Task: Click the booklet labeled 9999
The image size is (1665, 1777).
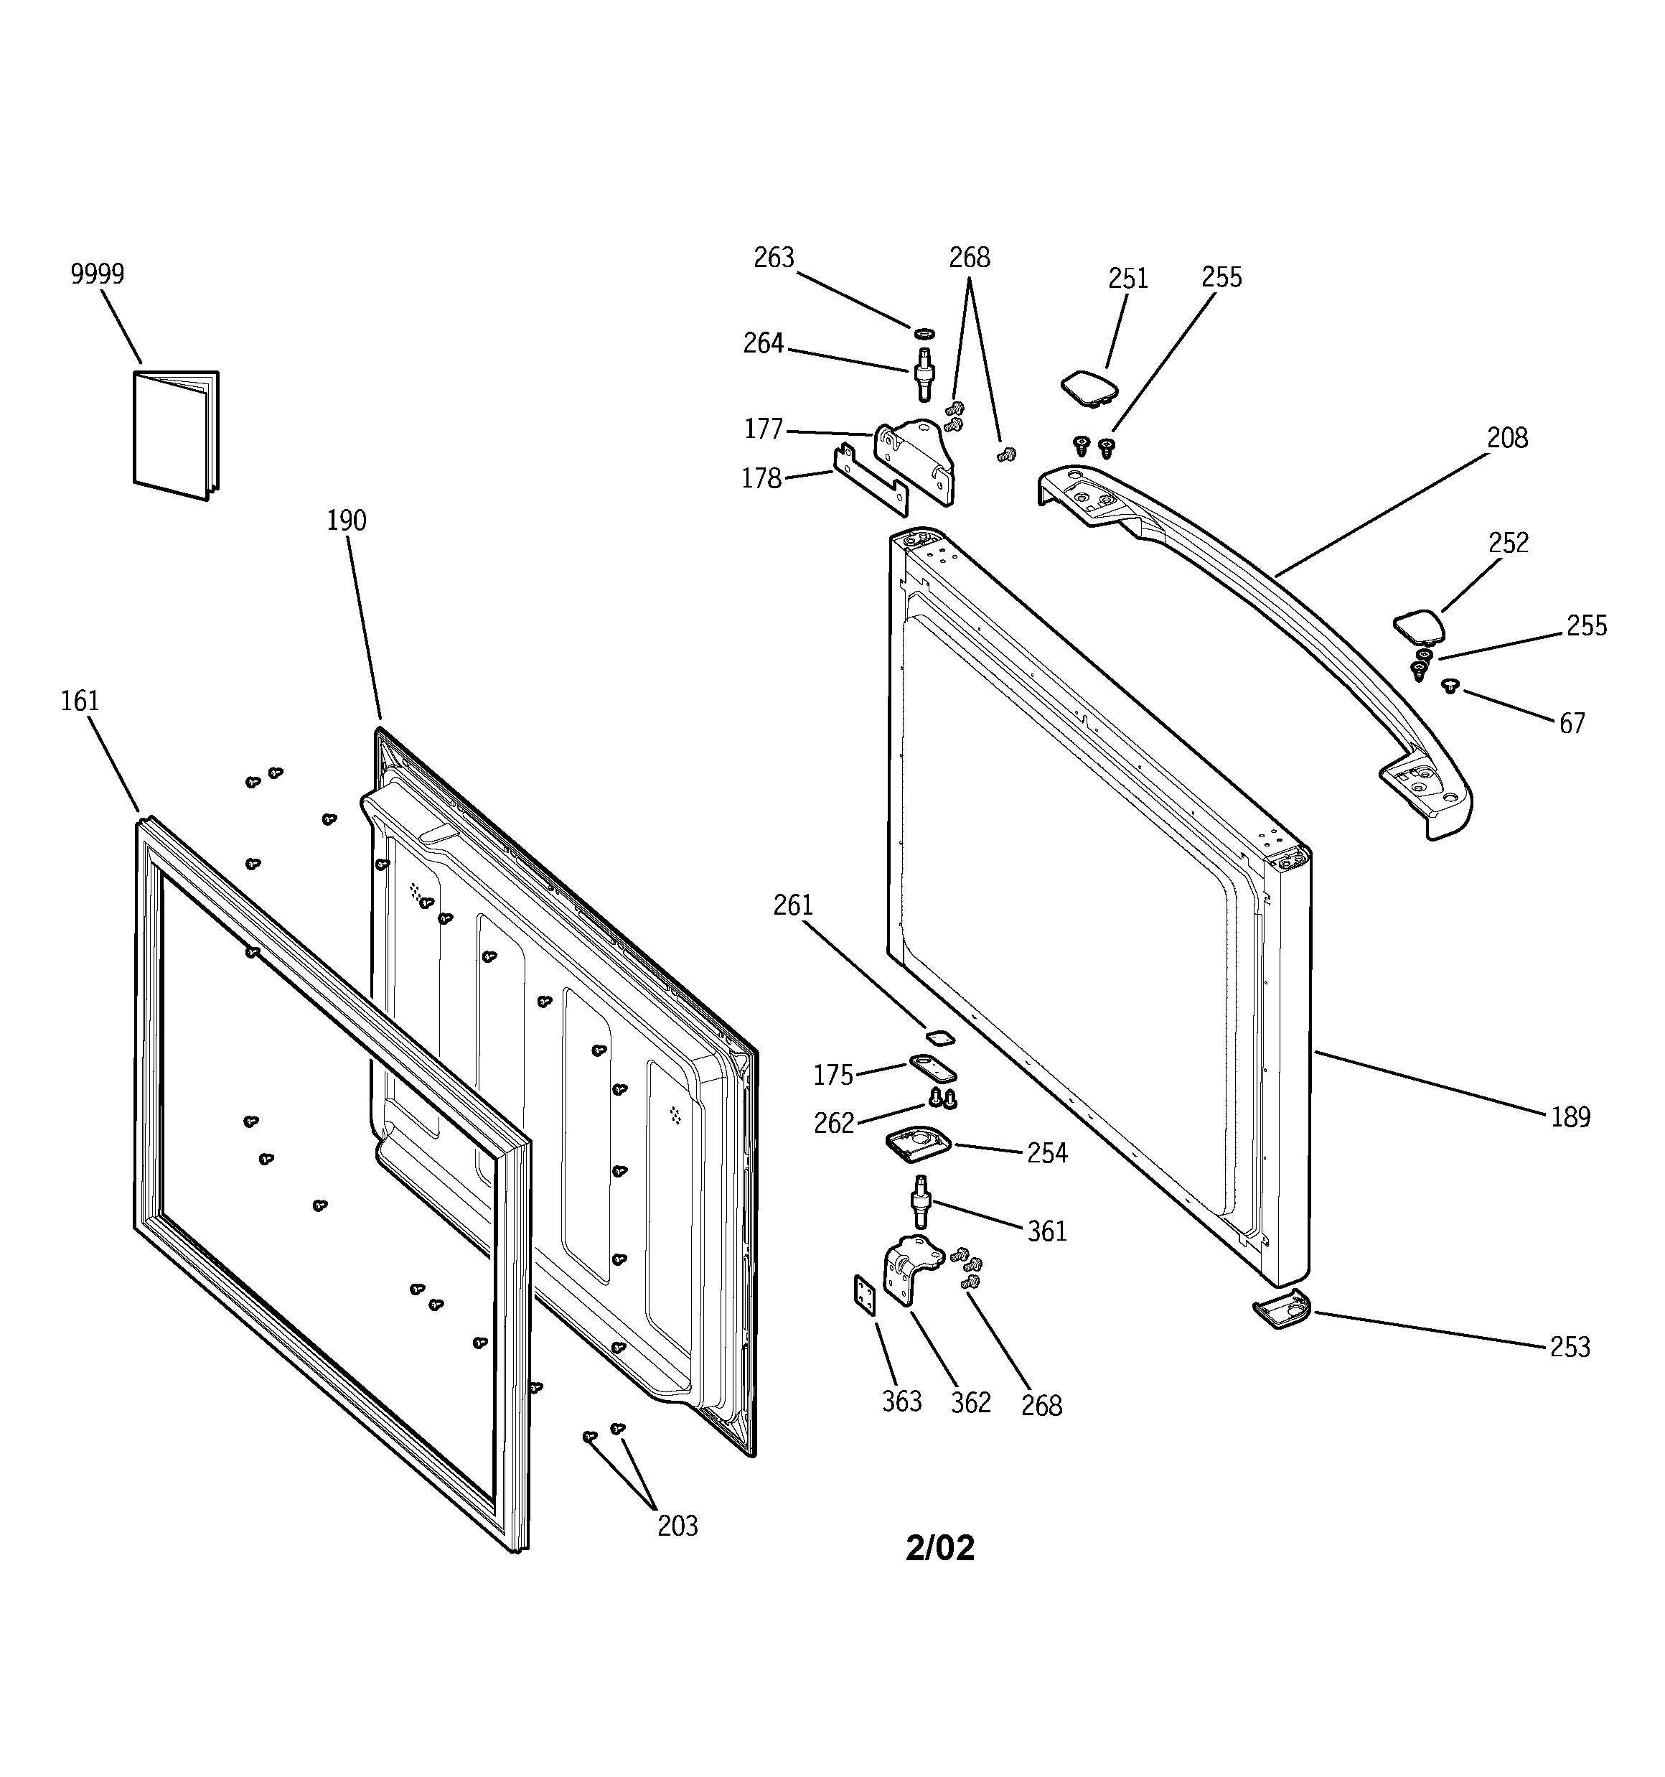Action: (176, 435)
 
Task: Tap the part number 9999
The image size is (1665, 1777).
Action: (98, 274)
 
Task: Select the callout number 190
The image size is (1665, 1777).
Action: (346, 521)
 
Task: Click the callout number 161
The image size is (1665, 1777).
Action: (80, 701)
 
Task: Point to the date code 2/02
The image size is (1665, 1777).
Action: (939, 1547)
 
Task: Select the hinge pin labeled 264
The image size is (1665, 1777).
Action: (922, 376)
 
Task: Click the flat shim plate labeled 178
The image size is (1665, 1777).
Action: (871, 482)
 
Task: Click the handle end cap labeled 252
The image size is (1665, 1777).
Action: (1418, 625)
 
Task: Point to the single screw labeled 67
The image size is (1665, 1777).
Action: (1450, 686)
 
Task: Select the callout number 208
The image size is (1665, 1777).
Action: (1507, 438)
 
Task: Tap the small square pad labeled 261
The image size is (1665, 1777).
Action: (939, 1037)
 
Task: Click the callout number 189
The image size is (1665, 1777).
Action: (1570, 1117)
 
